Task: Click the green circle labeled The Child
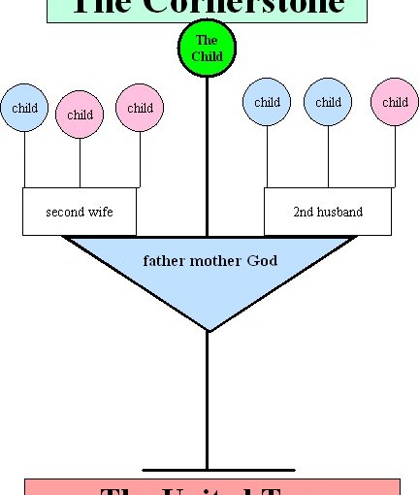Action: (x=207, y=48)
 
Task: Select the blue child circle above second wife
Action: (x=24, y=108)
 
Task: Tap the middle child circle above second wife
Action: (x=81, y=115)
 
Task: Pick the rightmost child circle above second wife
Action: (x=140, y=108)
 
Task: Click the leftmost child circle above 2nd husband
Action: (x=267, y=102)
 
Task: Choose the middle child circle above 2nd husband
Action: (x=328, y=102)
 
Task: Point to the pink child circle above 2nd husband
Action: (x=395, y=102)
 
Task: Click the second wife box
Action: (x=80, y=212)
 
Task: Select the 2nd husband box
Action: (x=328, y=212)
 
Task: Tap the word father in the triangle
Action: (x=164, y=261)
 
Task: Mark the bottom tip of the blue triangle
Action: (x=208, y=330)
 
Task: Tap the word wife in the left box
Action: (x=101, y=212)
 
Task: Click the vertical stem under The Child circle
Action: (x=207, y=155)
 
